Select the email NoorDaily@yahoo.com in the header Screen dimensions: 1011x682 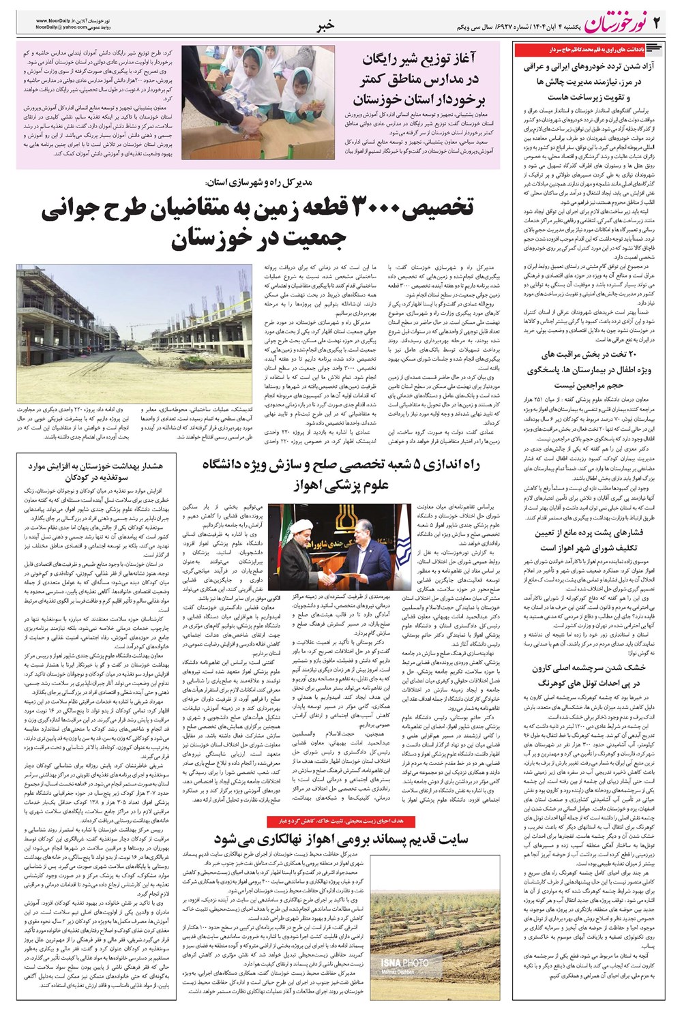[65, 29]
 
